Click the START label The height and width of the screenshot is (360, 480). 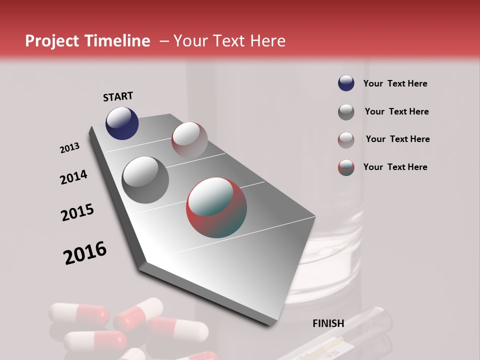[118, 96]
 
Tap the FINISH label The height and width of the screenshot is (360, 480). [328, 323]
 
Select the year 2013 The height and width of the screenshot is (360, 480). [70, 148]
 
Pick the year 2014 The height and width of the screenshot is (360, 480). [73, 177]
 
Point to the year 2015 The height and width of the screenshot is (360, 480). [77, 212]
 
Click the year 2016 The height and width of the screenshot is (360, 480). [85, 253]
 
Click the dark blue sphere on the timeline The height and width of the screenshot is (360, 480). [122, 123]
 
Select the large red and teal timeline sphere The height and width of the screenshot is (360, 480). [216, 207]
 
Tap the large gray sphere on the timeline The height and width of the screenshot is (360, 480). [145, 179]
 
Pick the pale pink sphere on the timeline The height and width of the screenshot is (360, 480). [189, 139]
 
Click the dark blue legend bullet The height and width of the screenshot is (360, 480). [346, 83]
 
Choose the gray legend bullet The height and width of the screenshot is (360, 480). [346, 112]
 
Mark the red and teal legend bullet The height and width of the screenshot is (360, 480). [346, 167]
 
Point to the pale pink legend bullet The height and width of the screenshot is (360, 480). [346, 139]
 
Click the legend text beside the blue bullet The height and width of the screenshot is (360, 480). [395, 83]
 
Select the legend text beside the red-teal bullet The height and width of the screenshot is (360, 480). [395, 167]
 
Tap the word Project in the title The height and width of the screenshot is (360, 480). [51, 41]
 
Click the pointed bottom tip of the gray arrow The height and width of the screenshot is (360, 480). [270, 325]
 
